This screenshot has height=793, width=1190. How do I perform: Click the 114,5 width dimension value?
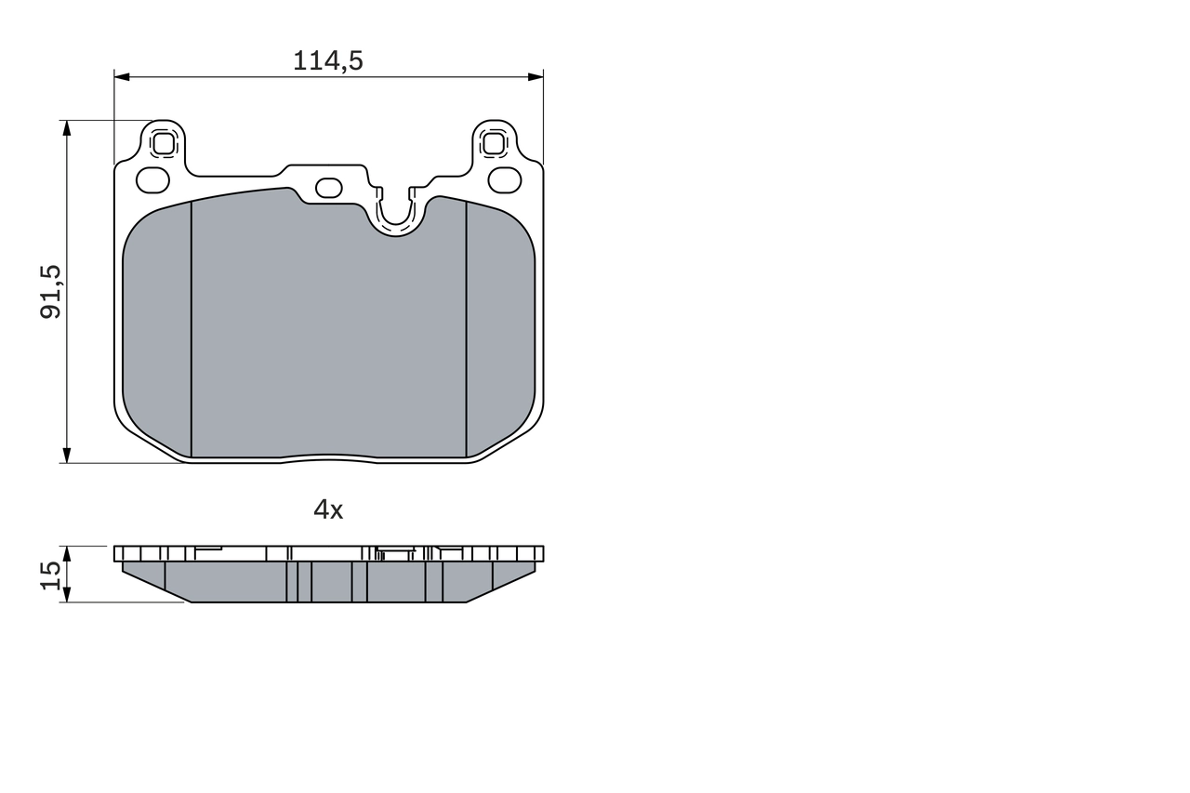point(327,61)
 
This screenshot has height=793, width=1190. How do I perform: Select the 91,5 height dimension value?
point(50,291)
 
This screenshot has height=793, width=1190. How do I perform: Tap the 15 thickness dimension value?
point(51,574)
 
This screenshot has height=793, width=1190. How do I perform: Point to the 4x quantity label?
point(327,509)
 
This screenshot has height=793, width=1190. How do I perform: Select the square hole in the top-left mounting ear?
point(164,144)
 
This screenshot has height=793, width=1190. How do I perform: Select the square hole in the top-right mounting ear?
point(494,144)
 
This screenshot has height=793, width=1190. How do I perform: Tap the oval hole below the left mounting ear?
point(152,178)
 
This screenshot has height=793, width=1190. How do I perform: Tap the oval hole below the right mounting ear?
point(505,178)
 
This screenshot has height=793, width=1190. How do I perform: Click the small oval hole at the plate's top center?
point(329,188)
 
